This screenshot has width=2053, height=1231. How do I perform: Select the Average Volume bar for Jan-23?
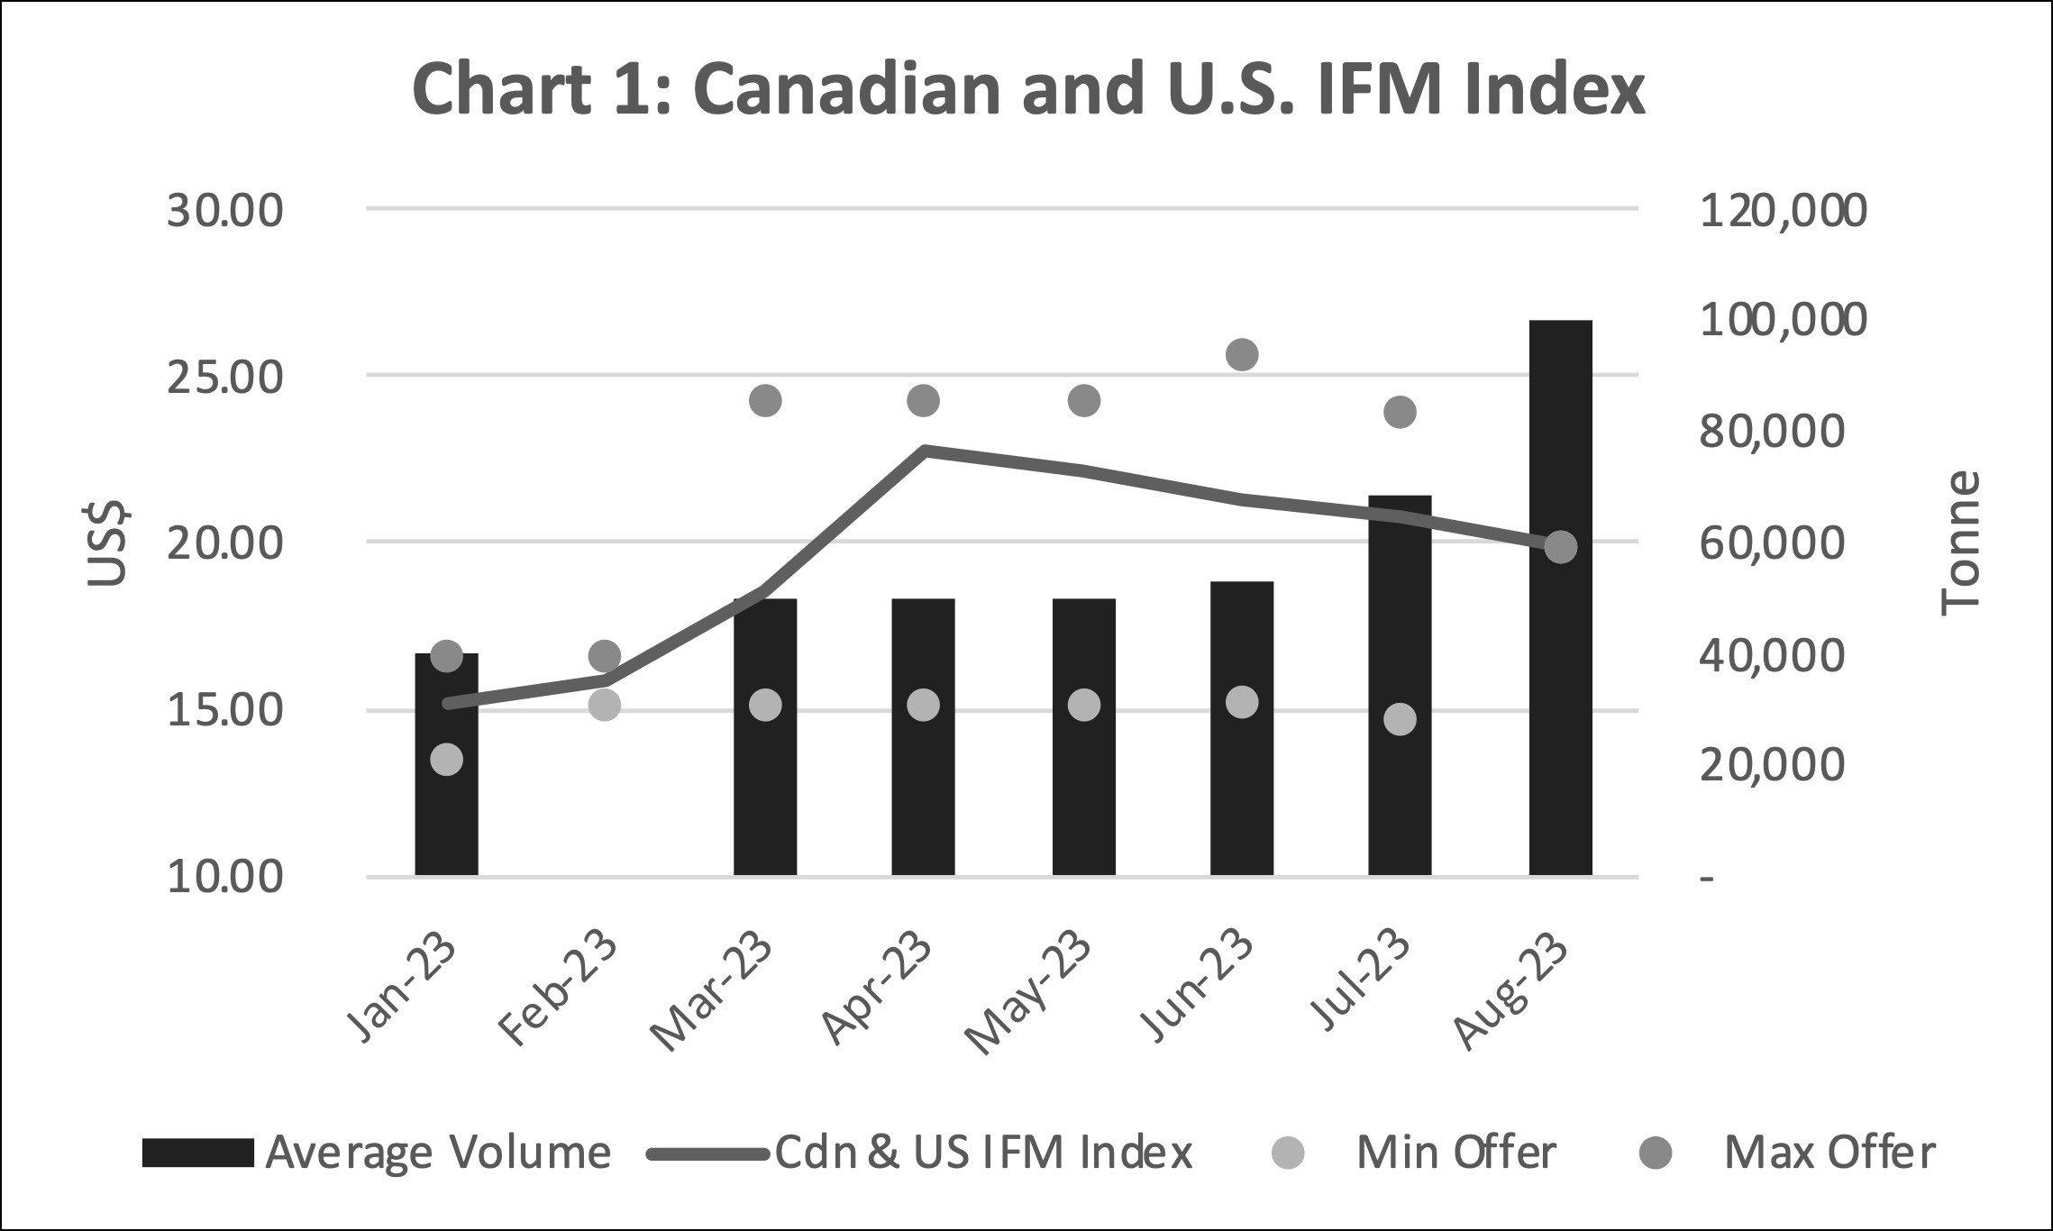(446, 811)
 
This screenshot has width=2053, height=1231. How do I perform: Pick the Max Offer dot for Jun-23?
(1242, 354)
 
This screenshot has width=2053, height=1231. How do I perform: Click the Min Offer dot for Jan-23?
(446, 760)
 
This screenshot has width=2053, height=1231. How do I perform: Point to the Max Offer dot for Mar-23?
(765, 400)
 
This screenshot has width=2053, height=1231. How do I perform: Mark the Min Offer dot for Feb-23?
(605, 705)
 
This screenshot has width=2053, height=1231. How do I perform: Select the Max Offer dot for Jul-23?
(1400, 412)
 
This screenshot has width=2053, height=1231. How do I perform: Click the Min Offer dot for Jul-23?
(1400, 719)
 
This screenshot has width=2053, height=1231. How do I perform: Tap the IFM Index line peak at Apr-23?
(925, 449)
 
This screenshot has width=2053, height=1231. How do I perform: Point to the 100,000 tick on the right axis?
(1782, 320)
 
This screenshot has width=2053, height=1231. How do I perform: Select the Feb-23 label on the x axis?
(559, 990)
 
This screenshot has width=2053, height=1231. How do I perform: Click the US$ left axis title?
(107, 543)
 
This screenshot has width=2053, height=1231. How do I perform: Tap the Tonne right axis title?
(1959, 543)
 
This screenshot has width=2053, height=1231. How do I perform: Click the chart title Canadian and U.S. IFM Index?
(1027, 90)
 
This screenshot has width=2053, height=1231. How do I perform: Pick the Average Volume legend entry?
(376, 1153)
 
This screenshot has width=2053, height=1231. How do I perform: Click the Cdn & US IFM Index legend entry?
(919, 1153)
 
